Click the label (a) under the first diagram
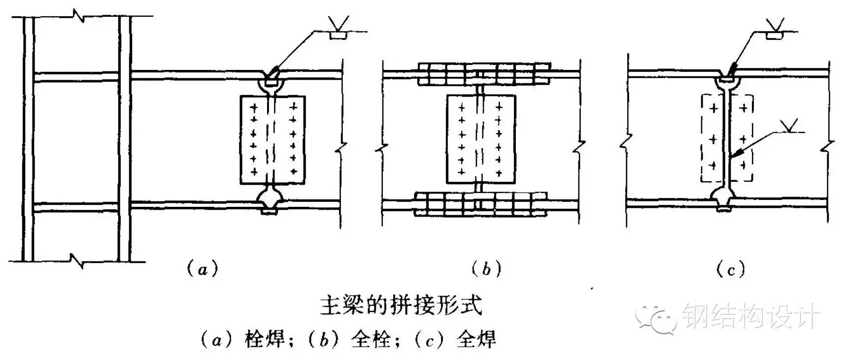pyautogui.click(x=202, y=269)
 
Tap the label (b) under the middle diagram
pyautogui.click(x=486, y=269)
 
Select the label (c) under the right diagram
pyautogui.click(x=731, y=269)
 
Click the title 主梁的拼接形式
pyautogui.click(x=401, y=305)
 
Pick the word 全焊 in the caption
pyautogui.click(x=476, y=340)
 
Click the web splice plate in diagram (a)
pyautogui.click(x=272, y=140)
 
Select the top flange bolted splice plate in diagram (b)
pyautogui.click(x=483, y=74)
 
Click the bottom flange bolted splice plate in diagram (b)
pyautogui.click(x=480, y=204)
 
